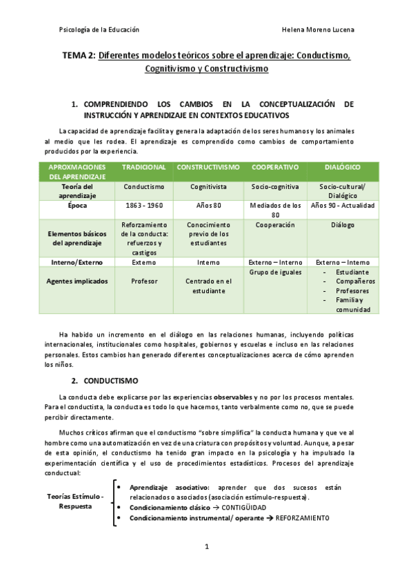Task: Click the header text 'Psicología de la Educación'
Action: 99,30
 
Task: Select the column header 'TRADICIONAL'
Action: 143,168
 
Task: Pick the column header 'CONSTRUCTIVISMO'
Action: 208,168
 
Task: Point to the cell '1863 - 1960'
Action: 143,206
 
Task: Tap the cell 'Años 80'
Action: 208,206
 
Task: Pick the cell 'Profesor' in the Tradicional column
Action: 143,281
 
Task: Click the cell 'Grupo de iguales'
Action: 275,272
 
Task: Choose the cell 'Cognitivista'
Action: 208,187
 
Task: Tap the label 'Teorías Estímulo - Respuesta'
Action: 75,502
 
